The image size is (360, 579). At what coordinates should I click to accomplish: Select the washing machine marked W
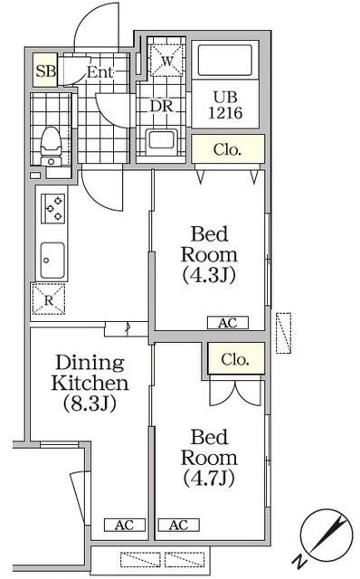click(166, 60)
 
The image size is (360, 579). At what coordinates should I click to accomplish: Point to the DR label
click(161, 104)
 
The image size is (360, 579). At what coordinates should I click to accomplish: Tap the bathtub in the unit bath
click(226, 61)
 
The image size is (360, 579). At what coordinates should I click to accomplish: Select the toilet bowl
click(50, 141)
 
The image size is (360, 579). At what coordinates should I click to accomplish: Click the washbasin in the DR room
click(163, 140)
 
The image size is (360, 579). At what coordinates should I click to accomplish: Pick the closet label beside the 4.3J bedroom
click(226, 148)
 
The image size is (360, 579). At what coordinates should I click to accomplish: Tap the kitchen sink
click(52, 260)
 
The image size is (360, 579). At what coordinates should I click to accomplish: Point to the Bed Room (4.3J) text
click(209, 254)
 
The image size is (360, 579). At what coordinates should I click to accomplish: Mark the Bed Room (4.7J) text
click(209, 457)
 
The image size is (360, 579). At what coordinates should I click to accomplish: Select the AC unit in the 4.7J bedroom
click(177, 525)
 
